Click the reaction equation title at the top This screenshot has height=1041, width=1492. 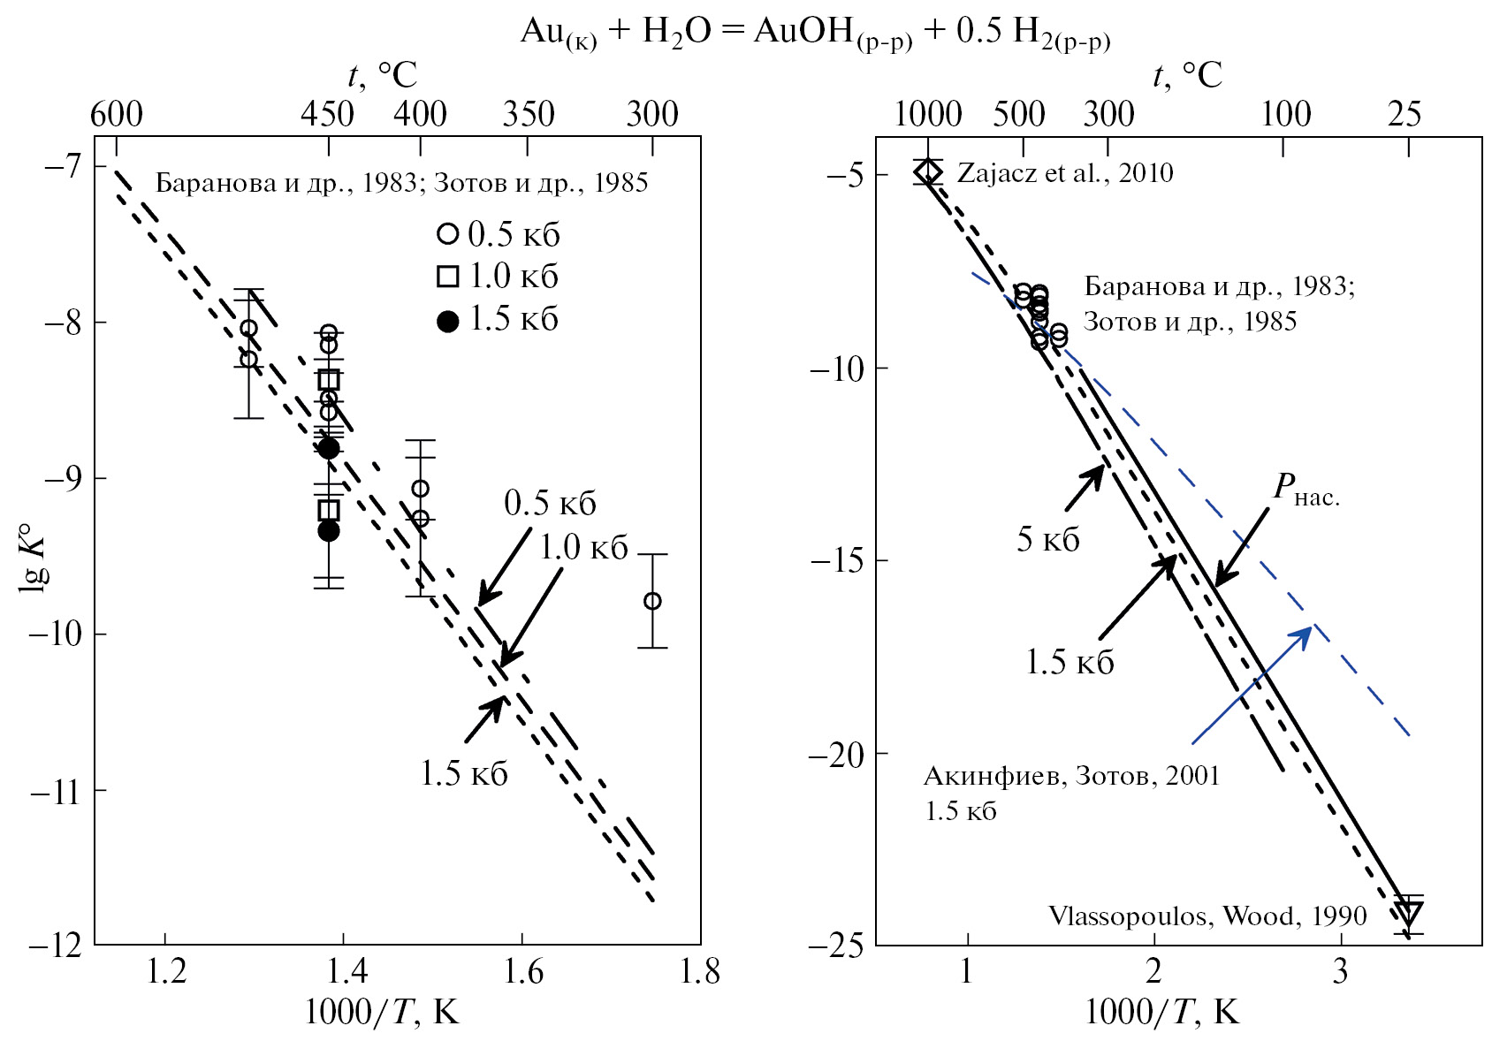pos(815,33)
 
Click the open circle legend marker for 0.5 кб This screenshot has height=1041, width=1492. pos(448,234)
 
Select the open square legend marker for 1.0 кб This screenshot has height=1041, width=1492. pos(448,277)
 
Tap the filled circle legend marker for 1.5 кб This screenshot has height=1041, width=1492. pos(448,321)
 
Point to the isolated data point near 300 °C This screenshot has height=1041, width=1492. pos(652,601)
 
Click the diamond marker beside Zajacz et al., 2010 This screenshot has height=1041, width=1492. pos(927,171)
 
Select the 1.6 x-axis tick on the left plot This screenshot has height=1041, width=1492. pos(522,971)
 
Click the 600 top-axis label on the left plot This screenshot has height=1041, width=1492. pos(117,115)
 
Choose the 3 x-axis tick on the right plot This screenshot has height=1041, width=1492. pos(1340,971)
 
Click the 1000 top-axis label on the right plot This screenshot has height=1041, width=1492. pos(927,115)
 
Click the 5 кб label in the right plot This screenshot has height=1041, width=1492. pos(1047,539)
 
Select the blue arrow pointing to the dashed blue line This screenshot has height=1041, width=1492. pos(1252,685)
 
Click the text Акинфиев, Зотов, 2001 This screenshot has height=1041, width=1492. pos(1071,776)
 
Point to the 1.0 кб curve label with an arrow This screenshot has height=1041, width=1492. pos(583,548)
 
